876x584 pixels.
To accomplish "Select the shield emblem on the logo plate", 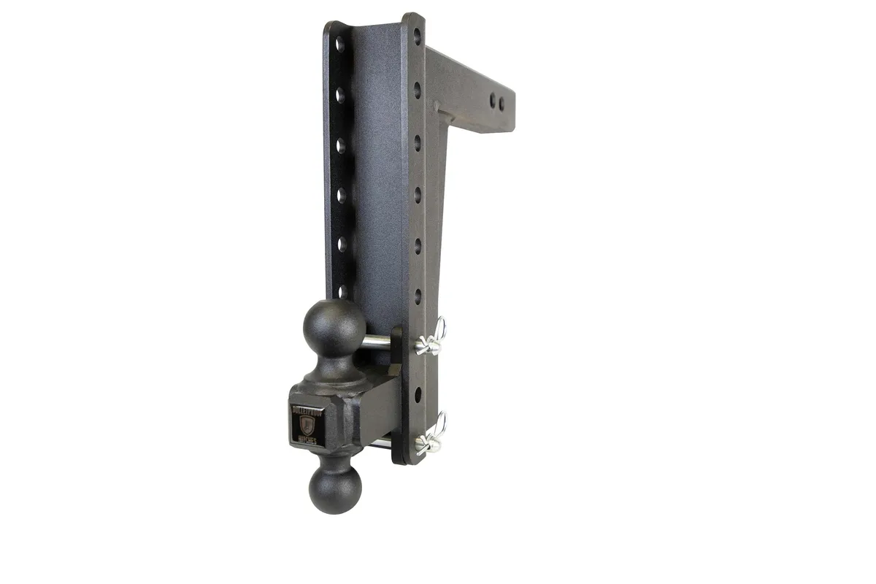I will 306,424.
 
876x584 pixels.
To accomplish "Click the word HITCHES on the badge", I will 307,439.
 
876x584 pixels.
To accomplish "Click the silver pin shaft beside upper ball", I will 377,340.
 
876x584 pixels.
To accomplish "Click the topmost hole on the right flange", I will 417,34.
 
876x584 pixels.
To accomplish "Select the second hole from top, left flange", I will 340,94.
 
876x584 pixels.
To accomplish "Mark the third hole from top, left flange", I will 341,145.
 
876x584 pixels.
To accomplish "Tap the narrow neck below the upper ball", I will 336,362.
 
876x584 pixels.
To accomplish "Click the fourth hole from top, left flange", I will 341,194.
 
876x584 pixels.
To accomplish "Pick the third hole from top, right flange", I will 418,139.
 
